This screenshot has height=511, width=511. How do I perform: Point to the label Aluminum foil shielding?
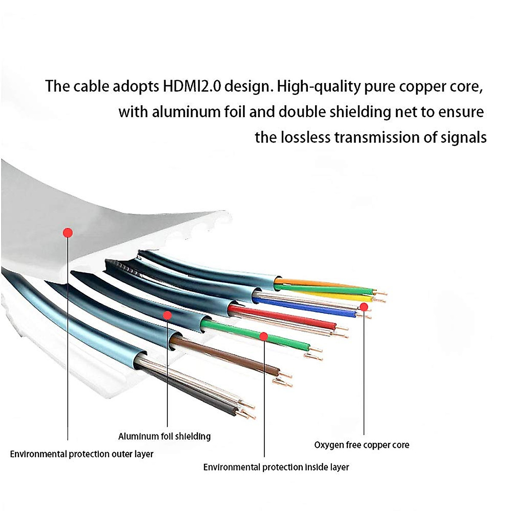click(x=164, y=436)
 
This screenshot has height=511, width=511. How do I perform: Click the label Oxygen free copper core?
click(x=362, y=445)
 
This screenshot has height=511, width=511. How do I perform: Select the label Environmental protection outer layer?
click(x=81, y=454)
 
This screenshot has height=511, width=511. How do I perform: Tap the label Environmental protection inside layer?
click(x=276, y=468)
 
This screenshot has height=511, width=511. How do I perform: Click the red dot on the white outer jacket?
click(x=68, y=233)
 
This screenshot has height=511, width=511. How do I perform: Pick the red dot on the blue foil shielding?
click(x=167, y=316)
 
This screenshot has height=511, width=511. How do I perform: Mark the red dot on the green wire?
click(x=264, y=336)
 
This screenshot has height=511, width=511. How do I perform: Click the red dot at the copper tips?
click(x=364, y=307)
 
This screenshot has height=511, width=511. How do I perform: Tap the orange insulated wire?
click(x=315, y=282)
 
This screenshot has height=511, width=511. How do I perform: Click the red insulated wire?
click(x=281, y=317)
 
